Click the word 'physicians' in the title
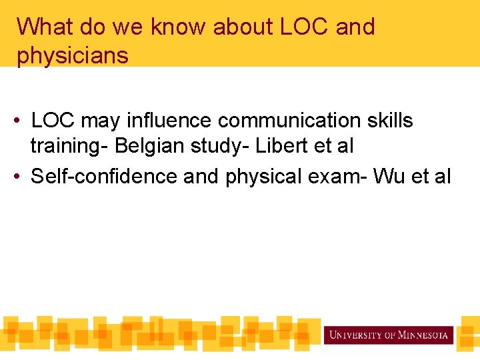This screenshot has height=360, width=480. (73, 56)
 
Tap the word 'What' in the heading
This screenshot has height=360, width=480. (44, 27)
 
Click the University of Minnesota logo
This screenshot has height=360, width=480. (388, 335)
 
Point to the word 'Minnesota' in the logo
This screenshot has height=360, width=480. (423, 335)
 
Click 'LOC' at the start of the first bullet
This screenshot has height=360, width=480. (53, 121)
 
